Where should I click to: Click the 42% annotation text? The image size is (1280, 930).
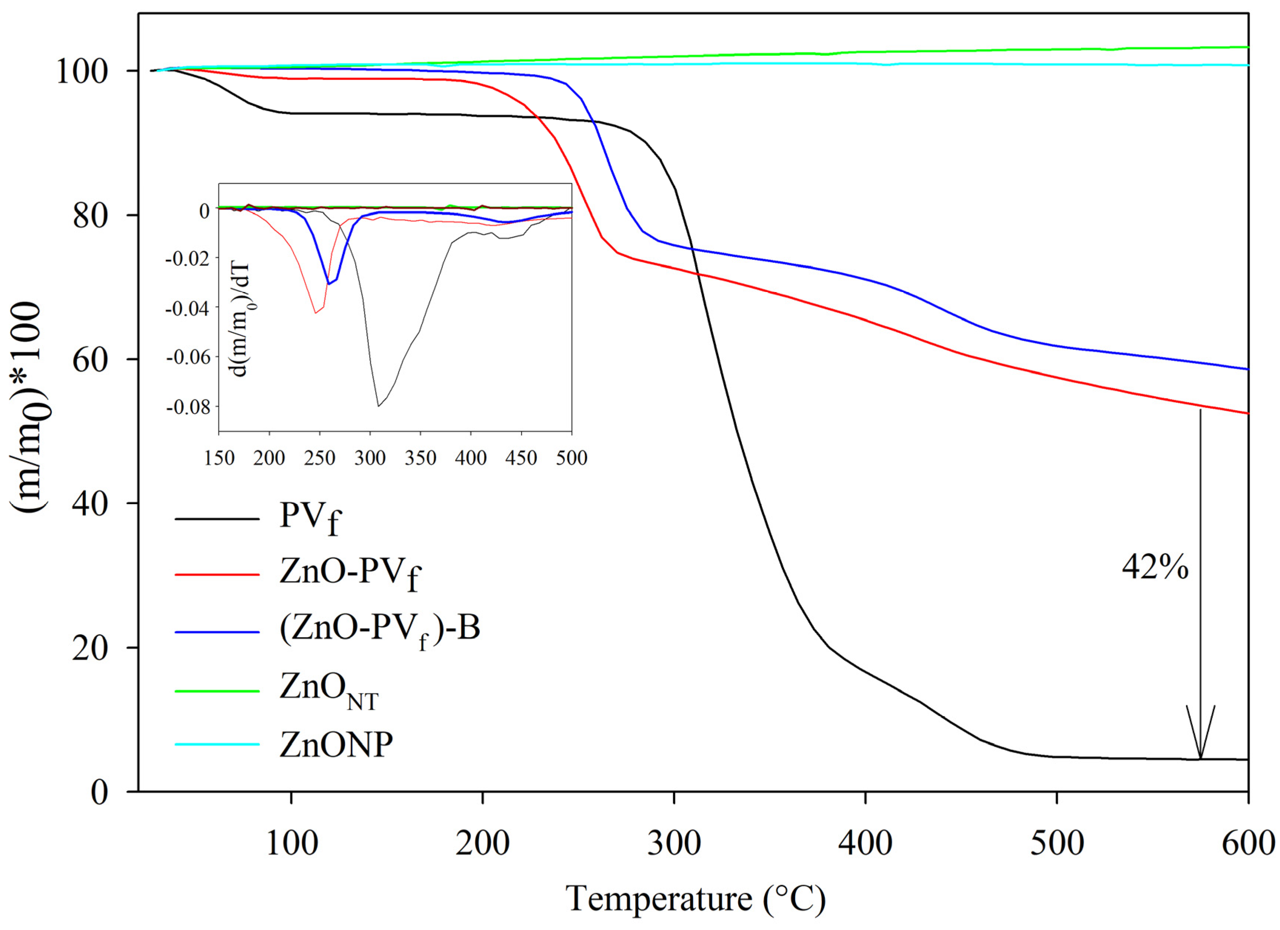1155,567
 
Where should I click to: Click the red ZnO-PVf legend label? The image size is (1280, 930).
350,574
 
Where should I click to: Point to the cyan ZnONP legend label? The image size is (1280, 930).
336,745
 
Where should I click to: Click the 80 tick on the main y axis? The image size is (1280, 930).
90,215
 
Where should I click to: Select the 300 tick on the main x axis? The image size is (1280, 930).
674,844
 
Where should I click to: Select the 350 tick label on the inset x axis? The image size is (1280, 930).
420,458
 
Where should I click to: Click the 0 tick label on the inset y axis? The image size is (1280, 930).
204,211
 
